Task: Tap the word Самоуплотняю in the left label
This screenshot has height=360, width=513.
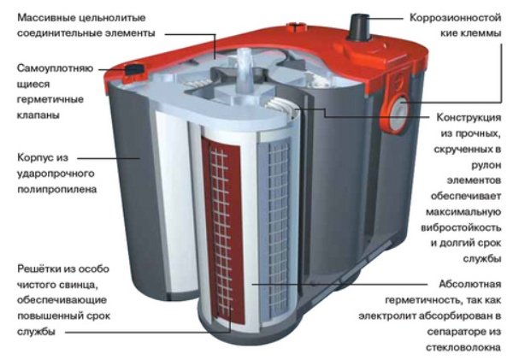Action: click(50, 68)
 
